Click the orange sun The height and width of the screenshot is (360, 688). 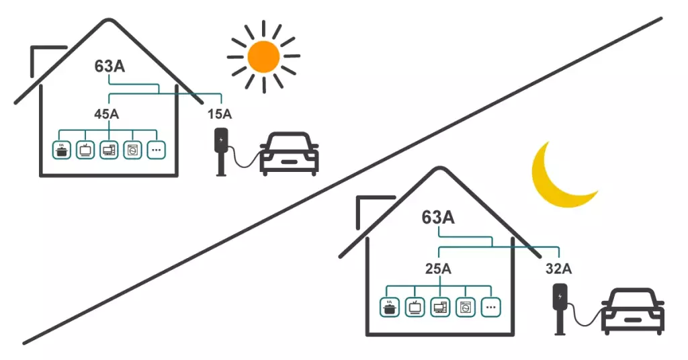263,56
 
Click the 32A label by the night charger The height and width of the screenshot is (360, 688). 558,269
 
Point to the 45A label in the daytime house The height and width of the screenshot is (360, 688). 106,114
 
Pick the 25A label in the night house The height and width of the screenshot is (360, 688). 437,269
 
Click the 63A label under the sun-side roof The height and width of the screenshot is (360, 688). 110,68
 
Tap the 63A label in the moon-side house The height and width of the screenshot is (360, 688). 438,218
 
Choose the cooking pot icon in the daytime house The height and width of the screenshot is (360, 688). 62,150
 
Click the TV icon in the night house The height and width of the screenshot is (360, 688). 415,308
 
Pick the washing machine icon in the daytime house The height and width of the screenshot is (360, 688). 132,150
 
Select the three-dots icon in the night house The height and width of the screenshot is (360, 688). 491,308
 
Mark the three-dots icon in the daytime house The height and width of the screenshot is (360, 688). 156,150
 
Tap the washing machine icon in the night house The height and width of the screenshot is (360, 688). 465,308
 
